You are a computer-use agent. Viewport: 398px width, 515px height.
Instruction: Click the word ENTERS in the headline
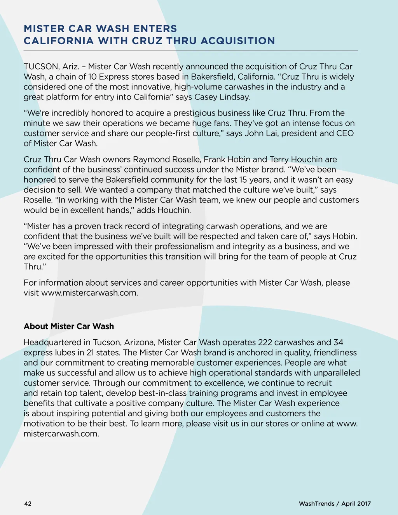click(x=155, y=29)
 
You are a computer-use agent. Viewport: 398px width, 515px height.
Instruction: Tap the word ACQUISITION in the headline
click(x=237, y=41)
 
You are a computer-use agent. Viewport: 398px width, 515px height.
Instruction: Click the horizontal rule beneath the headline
click(x=190, y=51)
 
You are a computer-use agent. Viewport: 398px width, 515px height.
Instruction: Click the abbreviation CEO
click(x=344, y=133)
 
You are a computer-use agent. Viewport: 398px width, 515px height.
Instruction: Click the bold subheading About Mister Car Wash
click(x=69, y=326)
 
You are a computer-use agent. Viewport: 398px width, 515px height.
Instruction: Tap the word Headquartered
click(x=57, y=342)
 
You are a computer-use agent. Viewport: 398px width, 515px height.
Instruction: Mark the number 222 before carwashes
click(x=265, y=342)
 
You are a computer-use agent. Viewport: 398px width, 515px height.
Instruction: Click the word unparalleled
click(x=337, y=373)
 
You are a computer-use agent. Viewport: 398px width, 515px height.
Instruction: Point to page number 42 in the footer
click(x=28, y=504)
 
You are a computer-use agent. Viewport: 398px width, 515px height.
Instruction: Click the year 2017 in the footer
click(x=364, y=504)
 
